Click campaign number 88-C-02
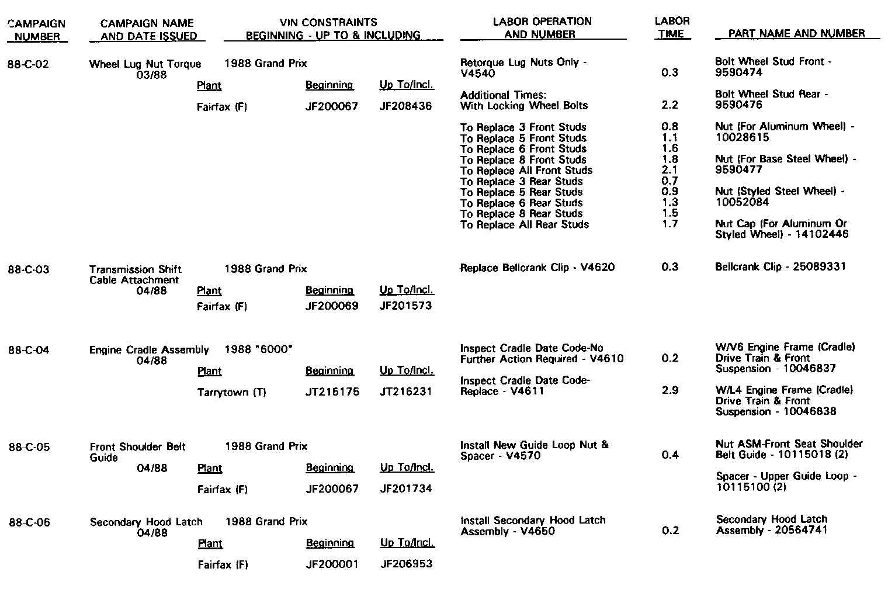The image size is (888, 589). (x=28, y=64)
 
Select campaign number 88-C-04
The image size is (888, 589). (x=28, y=351)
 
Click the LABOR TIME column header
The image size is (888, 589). (x=672, y=27)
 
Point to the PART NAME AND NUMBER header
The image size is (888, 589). (x=797, y=34)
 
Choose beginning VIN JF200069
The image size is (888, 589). (x=332, y=306)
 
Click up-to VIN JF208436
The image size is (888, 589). (x=406, y=106)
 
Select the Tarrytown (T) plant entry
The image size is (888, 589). (x=231, y=393)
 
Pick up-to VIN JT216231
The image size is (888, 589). (x=406, y=391)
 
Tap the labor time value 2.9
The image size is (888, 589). (x=670, y=390)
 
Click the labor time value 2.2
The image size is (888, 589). (x=670, y=105)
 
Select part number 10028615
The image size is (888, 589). (x=742, y=138)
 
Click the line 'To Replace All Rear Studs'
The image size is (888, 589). (x=524, y=225)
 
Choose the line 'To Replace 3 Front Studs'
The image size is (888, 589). (x=523, y=127)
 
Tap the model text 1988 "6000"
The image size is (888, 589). (x=258, y=349)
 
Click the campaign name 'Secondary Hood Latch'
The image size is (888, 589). (x=146, y=522)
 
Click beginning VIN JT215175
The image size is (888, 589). (x=332, y=392)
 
